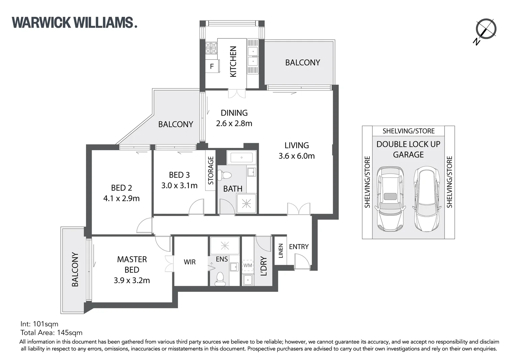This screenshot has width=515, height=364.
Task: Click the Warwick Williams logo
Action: pyautogui.click(x=74, y=23)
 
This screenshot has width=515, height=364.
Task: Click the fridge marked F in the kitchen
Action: pyautogui.click(x=212, y=66)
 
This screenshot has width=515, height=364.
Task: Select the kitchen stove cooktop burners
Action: pyautogui.click(x=211, y=48)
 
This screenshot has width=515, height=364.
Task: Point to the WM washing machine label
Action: pyautogui.click(x=248, y=265)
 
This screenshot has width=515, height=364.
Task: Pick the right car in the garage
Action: pyautogui.click(x=427, y=199)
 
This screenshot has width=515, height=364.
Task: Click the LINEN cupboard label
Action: pyautogui.click(x=281, y=251)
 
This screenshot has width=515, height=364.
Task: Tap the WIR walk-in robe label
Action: pyautogui.click(x=190, y=262)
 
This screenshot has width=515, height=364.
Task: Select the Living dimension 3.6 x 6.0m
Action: pyautogui.click(x=297, y=156)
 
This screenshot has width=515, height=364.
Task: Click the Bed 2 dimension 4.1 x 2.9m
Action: pyautogui.click(x=121, y=199)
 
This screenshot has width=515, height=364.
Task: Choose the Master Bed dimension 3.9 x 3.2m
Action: pyautogui.click(x=132, y=280)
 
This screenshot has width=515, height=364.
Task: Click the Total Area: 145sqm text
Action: pyautogui.click(x=51, y=333)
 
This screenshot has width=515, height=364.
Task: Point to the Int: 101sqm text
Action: pyautogui.click(x=39, y=324)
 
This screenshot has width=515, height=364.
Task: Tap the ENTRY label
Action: pyautogui.click(x=299, y=247)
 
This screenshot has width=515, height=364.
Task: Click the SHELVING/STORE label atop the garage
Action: pyautogui.click(x=408, y=131)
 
